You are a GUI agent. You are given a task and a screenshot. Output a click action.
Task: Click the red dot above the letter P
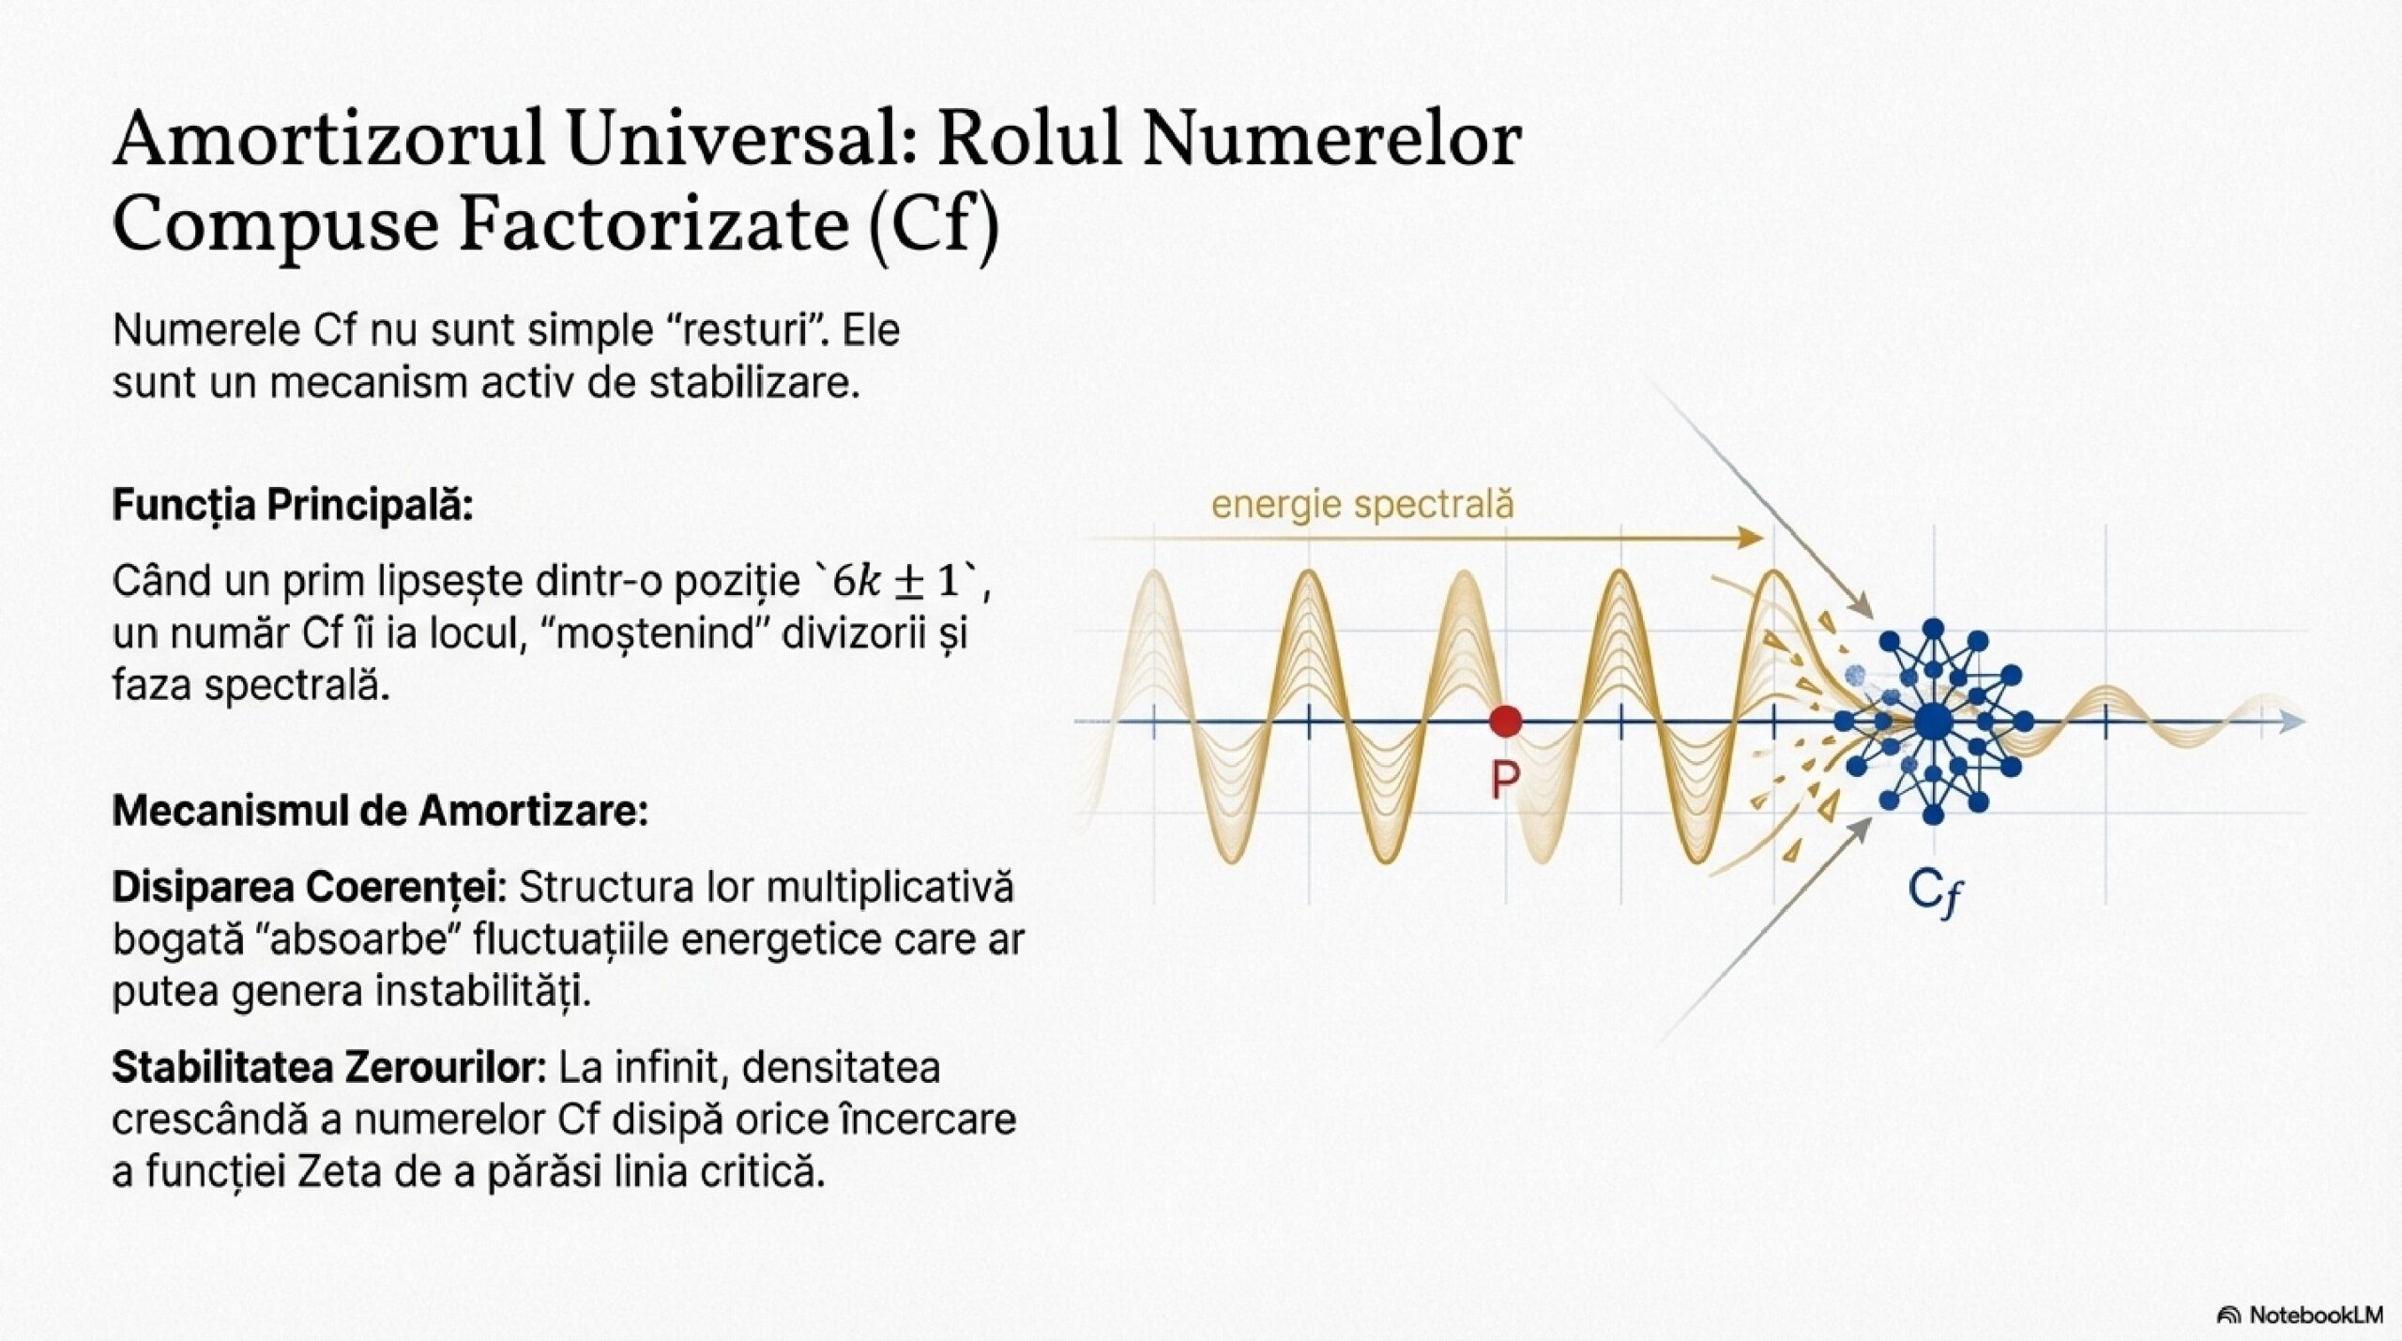pos(1506,721)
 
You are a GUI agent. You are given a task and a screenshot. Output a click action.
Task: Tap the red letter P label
pos(1504,779)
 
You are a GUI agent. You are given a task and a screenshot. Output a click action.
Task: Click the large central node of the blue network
pos(1932,722)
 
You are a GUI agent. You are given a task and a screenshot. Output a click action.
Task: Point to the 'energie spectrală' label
pos(1362,505)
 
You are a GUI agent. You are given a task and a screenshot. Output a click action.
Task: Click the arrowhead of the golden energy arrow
pos(1751,538)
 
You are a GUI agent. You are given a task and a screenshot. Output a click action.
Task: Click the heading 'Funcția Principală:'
pos(293,506)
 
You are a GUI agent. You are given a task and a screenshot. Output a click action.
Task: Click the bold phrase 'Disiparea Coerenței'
pos(309,888)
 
